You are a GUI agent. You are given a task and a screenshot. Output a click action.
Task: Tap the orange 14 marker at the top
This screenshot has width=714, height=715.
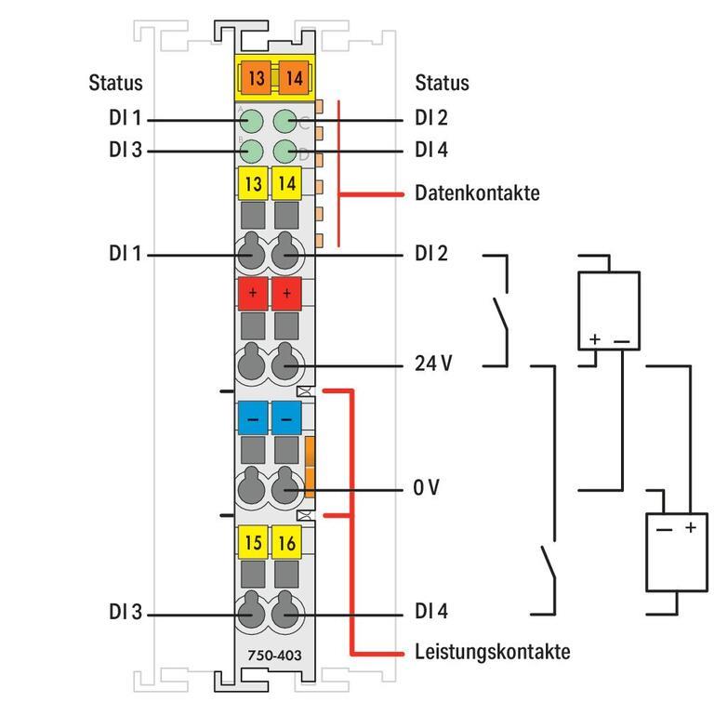(293, 78)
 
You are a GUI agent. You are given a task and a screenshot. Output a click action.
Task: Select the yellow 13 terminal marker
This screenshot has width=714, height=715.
(253, 184)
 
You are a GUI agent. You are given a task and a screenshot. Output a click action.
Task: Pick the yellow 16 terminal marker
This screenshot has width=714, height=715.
(287, 543)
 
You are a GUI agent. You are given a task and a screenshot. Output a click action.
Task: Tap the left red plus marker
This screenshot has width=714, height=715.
(253, 293)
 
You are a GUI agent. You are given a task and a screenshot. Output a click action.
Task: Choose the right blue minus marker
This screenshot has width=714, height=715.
(287, 418)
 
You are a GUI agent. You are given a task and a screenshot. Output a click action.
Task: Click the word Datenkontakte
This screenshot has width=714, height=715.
(477, 193)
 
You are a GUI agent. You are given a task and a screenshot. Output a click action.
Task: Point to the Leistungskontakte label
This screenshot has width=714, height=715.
(492, 651)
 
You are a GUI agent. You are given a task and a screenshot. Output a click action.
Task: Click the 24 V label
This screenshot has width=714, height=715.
(433, 364)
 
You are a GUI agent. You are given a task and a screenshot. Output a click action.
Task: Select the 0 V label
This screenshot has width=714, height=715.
(427, 488)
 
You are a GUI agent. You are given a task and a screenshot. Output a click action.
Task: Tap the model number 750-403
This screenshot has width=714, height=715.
(269, 655)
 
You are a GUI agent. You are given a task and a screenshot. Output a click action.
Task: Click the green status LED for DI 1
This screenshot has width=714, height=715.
(251, 120)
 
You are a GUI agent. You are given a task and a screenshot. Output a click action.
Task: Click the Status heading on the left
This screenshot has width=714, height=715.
(115, 83)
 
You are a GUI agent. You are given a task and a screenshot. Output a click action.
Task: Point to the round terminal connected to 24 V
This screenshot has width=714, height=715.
(287, 364)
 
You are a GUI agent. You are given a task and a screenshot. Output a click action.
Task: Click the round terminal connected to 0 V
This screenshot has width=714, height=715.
(287, 488)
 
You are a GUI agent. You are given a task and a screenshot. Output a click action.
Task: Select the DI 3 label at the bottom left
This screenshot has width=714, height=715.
(125, 613)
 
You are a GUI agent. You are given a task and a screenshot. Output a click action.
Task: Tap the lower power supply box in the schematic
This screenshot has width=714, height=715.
(677, 550)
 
